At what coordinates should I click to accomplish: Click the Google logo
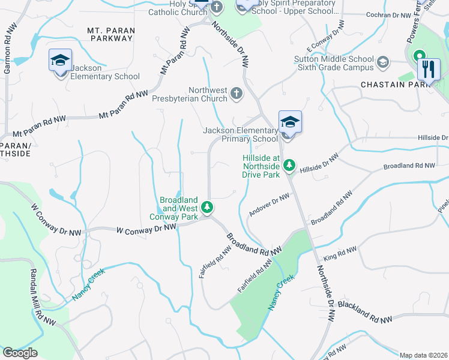coord(20,353)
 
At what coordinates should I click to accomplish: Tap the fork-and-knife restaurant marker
coord(428,69)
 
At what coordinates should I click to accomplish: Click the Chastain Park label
coord(396,85)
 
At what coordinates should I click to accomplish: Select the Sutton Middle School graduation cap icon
coord(382,62)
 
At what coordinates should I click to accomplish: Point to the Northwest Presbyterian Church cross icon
coord(237,94)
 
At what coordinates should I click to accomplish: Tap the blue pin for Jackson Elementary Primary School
coord(290,122)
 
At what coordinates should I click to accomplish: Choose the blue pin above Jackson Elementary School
coord(60,61)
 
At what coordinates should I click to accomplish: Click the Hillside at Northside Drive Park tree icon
coord(289,164)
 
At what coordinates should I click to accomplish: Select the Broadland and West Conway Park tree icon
coord(207,208)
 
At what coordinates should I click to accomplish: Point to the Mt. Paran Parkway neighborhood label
coord(110,34)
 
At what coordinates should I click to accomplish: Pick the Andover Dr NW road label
coord(269,205)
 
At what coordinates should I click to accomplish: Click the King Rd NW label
coord(340,253)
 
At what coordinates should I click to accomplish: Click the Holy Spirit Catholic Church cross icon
coord(217,7)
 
